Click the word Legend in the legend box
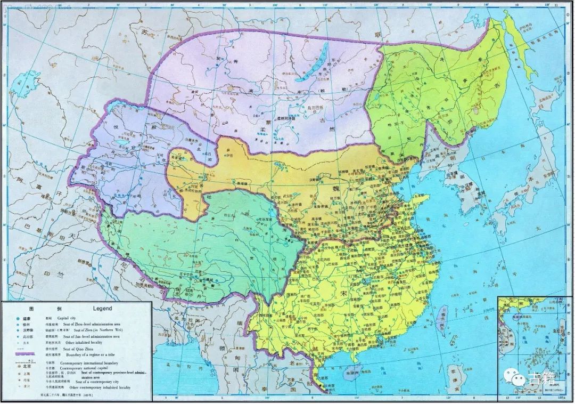click(x=102, y=309)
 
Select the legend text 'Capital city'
click(x=73, y=318)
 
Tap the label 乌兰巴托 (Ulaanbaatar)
click(x=312, y=108)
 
